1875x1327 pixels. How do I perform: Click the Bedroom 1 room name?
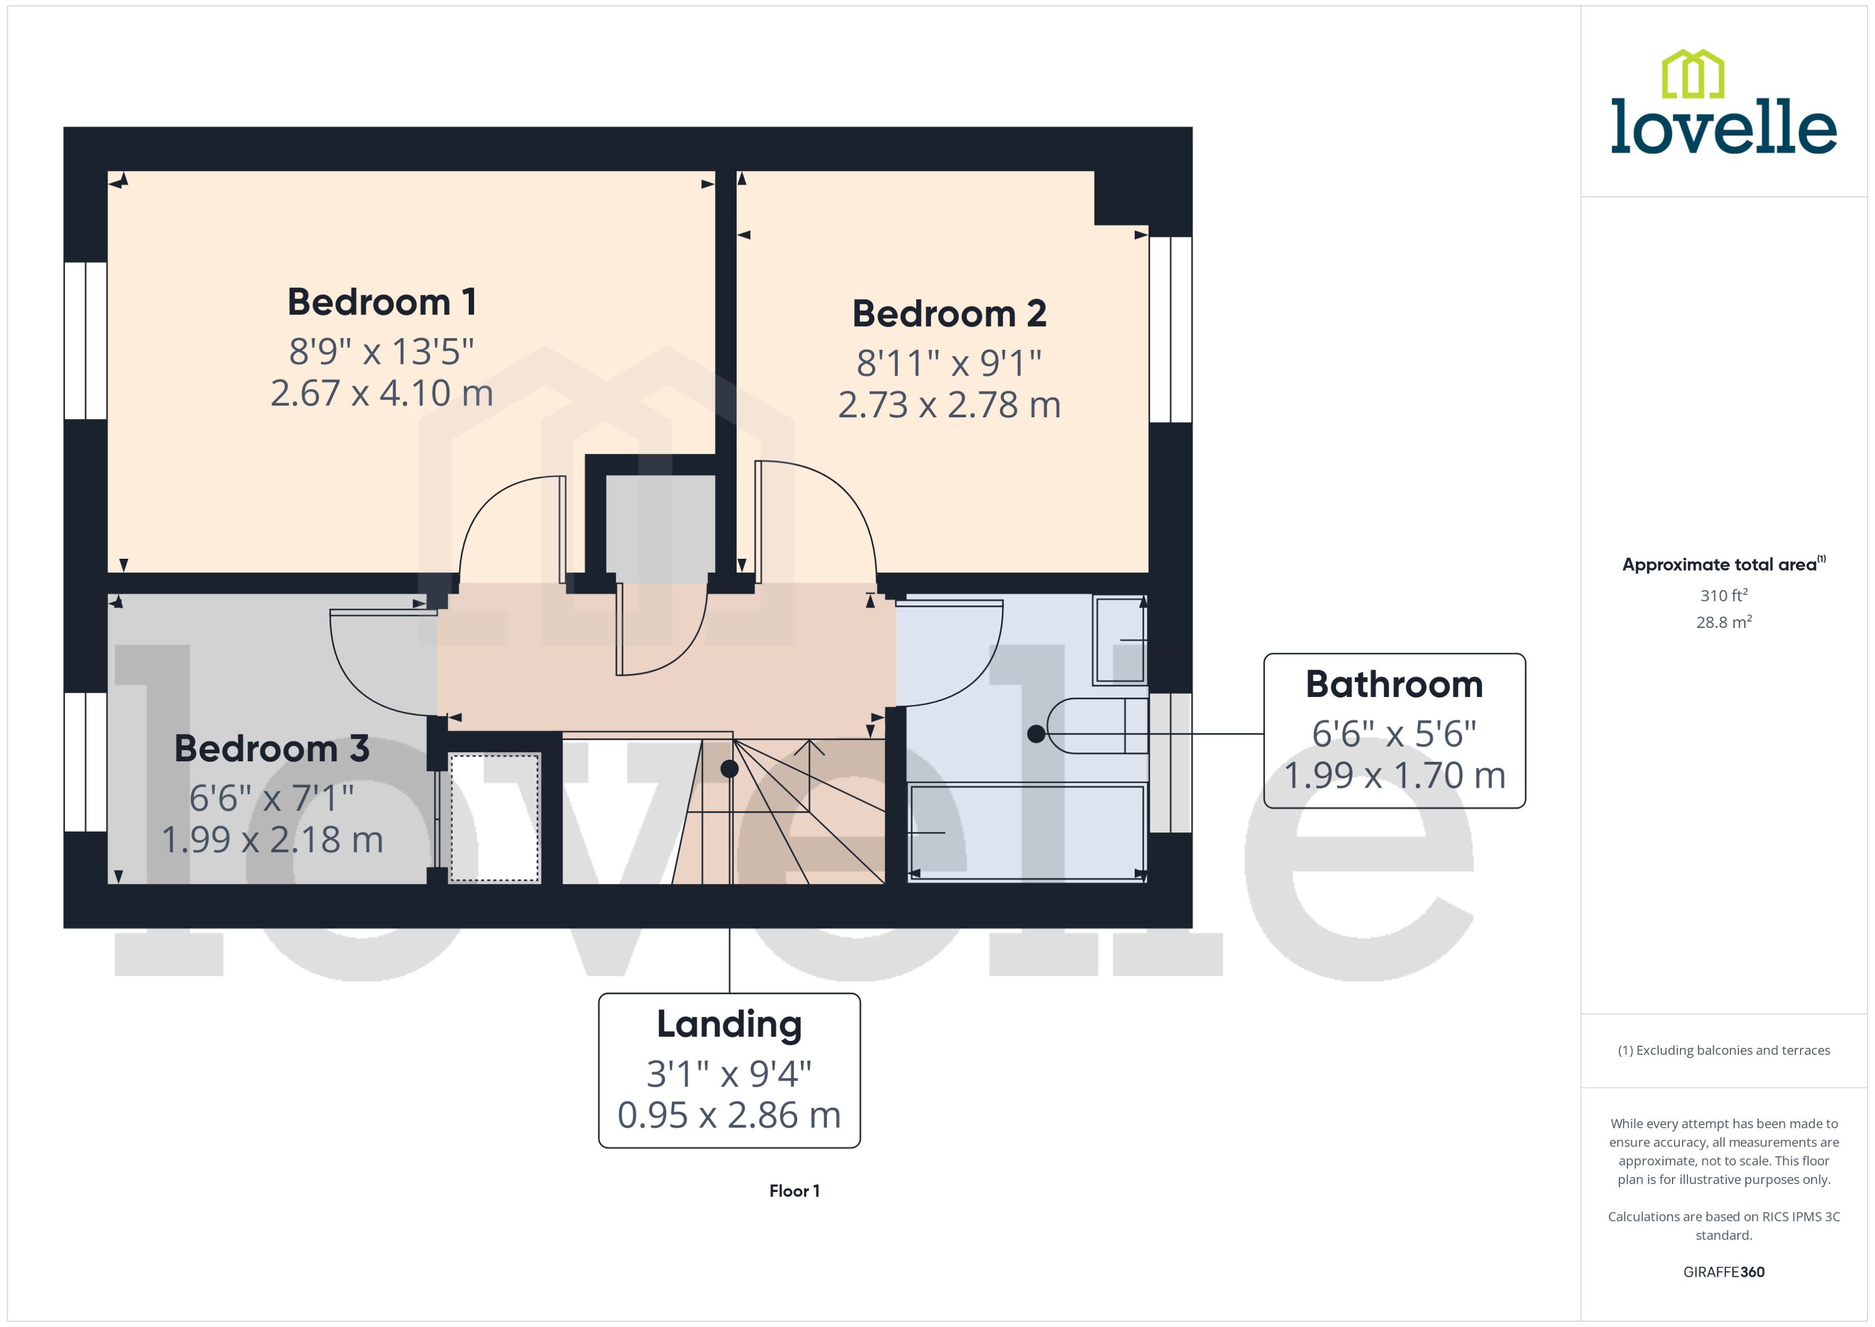click(381, 302)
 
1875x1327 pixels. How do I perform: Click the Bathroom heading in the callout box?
click(1394, 685)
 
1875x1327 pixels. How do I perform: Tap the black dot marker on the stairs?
click(730, 768)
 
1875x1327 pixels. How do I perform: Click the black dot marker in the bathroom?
click(1036, 734)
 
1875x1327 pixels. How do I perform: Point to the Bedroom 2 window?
click(1170, 329)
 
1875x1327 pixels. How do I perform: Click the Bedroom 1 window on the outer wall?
click(86, 341)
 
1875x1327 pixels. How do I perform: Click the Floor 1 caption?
click(794, 1190)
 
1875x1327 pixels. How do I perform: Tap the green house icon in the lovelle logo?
click(1693, 73)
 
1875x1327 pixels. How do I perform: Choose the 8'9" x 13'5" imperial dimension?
click(381, 352)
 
